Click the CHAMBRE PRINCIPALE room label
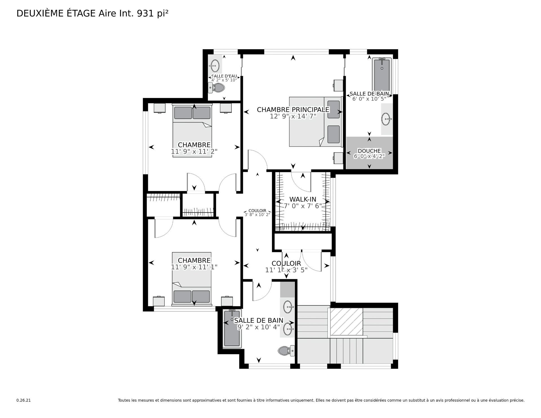click(x=293, y=109)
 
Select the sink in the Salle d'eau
click(x=215, y=66)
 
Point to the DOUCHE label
click(x=369, y=151)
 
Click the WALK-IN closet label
click(x=303, y=199)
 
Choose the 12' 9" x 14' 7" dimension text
click(x=293, y=116)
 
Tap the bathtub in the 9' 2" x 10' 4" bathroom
click(x=232, y=328)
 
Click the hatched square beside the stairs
click(x=346, y=322)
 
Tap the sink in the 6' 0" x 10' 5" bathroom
click(x=387, y=119)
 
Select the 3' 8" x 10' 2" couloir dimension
click(x=258, y=214)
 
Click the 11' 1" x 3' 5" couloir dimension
click(x=286, y=270)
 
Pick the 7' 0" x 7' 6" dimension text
click(x=303, y=206)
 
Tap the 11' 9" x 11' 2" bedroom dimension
click(x=194, y=151)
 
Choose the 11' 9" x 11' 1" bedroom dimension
click(x=194, y=267)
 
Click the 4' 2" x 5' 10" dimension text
click(x=224, y=80)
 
